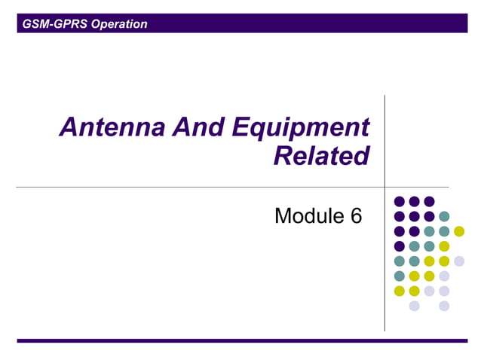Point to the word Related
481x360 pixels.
pyautogui.click(x=321, y=156)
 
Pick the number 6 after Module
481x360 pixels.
pyautogui.click(x=356, y=216)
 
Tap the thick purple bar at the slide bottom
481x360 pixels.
pyautogui.click(x=241, y=340)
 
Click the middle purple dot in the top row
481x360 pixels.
pyautogui.click(x=414, y=201)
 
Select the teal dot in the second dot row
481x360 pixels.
pyautogui.click(x=444, y=216)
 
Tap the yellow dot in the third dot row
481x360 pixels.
pyautogui.click(x=459, y=231)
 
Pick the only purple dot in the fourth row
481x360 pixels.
pyautogui.click(x=399, y=246)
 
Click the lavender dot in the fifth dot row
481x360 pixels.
pyautogui.click(x=459, y=261)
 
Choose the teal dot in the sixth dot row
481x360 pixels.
pyautogui.click(x=399, y=276)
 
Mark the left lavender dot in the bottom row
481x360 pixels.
pyautogui.click(x=414, y=306)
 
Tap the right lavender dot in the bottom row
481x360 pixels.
pyautogui.click(x=444, y=306)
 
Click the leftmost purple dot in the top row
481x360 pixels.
pyautogui.click(x=399, y=201)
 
